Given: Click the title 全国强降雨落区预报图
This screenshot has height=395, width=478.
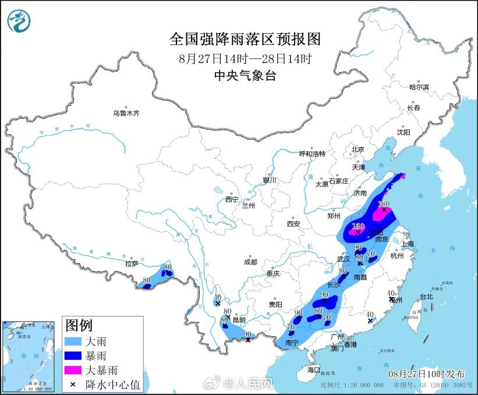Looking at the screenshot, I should pyautogui.click(x=245, y=39).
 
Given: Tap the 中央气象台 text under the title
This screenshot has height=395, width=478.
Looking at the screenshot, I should pyautogui.click(x=245, y=76).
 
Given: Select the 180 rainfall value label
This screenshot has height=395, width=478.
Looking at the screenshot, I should pyautogui.click(x=383, y=204).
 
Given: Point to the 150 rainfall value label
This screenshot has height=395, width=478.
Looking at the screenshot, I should pyautogui.click(x=358, y=226).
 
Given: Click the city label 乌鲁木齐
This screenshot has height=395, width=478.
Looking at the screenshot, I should pyautogui.click(x=126, y=113).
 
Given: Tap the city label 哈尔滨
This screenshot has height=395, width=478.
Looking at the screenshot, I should pyautogui.click(x=419, y=87).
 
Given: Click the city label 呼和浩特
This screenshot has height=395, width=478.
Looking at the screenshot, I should pyautogui.click(x=312, y=154).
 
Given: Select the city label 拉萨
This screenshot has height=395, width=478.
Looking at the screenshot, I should pyautogui.click(x=131, y=264).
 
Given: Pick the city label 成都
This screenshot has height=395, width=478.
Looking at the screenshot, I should pyautogui.click(x=251, y=262).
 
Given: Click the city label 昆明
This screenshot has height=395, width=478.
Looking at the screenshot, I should pyautogui.click(x=239, y=320).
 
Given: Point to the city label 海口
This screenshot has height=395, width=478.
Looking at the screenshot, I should pyautogui.click(x=314, y=370).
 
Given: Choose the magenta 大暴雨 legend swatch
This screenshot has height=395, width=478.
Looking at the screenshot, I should pyautogui.click(x=75, y=369).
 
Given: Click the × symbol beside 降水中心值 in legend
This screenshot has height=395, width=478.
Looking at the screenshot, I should pyautogui.click(x=75, y=383).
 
